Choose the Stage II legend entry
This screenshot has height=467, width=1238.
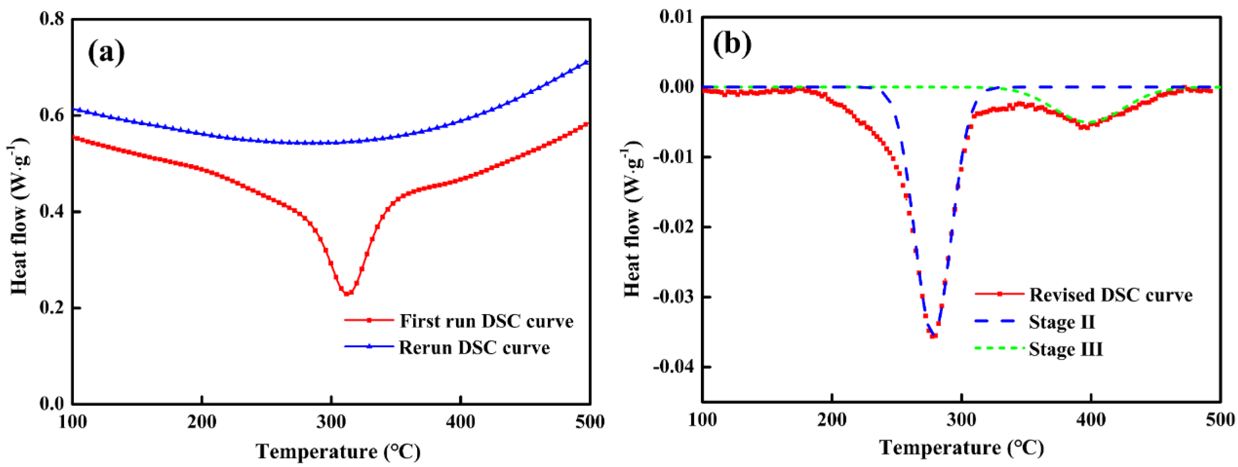click(1061, 322)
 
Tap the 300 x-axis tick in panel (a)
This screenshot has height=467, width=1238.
click(331, 422)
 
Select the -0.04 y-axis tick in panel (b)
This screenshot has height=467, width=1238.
click(673, 367)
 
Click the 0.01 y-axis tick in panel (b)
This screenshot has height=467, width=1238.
click(677, 17)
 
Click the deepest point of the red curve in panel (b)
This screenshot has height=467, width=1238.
click(933, 336)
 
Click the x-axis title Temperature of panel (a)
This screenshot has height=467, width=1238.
click(338, 451)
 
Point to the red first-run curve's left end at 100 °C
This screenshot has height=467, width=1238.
click(74, 138)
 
